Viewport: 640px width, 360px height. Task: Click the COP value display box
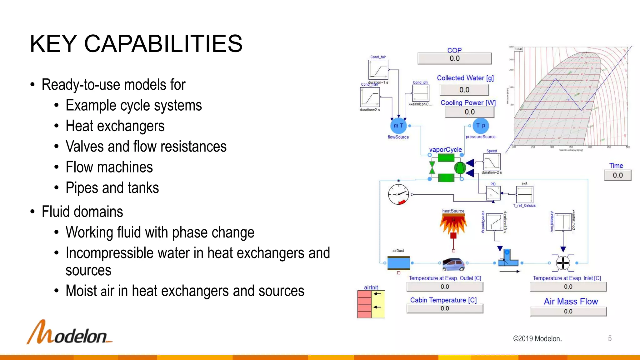click(x=454, y=58)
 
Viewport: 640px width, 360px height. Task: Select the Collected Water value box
click(x=464, y=90)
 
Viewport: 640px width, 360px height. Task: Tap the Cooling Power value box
click(x=469, y=112)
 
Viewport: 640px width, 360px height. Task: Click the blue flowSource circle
click(x=398, y=126)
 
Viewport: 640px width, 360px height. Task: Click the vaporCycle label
click(x=445, y=150)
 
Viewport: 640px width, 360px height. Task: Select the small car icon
click(x=453, y=264)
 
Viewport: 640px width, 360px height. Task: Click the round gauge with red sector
click(x=398, y=194)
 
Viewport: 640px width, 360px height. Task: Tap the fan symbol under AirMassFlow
click(x=563, y=263)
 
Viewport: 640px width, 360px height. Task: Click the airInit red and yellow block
click(x=371, y=304)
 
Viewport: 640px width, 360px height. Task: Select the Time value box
click(x=617, y=175)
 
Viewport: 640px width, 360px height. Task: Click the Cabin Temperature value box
click(x=445, y=308)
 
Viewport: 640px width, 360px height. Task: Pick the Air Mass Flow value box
click(x=568, y=312)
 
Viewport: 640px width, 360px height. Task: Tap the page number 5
click(x=610, y=338)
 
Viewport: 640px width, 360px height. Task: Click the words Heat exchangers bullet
click(x=115, y=126)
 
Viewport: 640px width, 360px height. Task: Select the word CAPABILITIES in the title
click(x=163, y=44)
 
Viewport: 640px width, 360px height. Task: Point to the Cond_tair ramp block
click(x=378, y=70)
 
